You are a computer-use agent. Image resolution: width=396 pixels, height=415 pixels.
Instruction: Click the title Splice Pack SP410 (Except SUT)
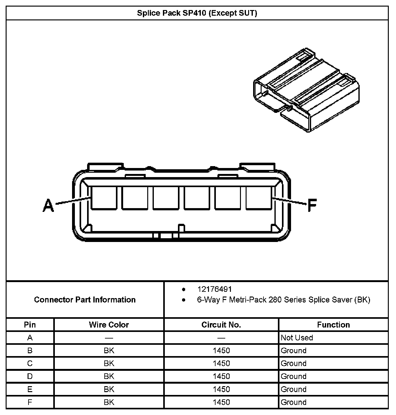click(197, 13)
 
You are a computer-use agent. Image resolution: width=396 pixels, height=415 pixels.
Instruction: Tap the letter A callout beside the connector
click(48, 205)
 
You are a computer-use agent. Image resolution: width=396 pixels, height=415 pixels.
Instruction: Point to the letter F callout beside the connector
click(312, 205)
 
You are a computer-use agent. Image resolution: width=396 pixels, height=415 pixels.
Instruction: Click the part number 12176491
click(215, 289)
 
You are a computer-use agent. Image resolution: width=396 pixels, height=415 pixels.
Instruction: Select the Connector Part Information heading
click(85, 300)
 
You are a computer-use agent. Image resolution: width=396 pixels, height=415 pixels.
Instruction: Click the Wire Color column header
click(109, 325)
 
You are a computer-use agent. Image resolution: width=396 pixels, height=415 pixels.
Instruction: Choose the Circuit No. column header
click(221, 325)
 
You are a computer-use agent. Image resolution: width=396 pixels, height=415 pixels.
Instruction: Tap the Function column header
click(333, 325)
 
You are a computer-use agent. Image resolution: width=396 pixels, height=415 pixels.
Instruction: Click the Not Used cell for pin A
click(297, 338)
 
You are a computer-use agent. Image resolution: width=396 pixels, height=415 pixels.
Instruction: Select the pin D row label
click(30, 376)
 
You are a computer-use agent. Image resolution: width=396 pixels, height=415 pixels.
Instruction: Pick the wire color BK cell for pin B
click(109, 350)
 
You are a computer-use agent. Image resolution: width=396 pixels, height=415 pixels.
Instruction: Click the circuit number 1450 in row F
click(221, 402)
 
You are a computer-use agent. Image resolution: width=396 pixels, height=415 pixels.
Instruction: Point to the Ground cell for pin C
click(294, 363)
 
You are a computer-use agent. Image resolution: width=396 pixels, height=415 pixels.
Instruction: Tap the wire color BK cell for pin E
click(109, 389)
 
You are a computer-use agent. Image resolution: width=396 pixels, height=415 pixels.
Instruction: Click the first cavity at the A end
click(104, 198)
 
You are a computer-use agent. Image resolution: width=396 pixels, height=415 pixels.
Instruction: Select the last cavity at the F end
click(258, 198)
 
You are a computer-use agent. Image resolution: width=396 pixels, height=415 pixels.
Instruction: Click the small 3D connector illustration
click(306, 90)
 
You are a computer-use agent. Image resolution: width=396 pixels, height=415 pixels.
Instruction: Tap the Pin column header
click(30, 325)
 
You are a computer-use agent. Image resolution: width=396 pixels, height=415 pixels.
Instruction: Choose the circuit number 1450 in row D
click(221, 376)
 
